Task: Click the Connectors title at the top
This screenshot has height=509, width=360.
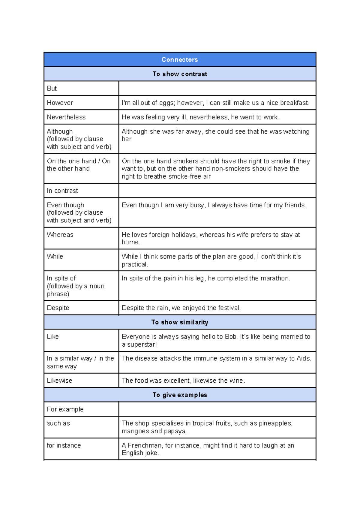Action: [x=180, y=59]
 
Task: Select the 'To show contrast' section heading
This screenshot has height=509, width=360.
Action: [x=180, y=74]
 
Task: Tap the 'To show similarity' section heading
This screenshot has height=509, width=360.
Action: [x=180, y=322]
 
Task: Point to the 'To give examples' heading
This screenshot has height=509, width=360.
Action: [x=180, y=395]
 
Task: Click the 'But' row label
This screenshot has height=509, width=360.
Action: [x=52, y=88]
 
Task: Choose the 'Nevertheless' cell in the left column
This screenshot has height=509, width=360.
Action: [x=66, y=117]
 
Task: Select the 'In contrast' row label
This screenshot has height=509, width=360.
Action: [x=62, y=191]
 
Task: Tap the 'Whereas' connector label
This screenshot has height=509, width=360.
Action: [x=60, y=235]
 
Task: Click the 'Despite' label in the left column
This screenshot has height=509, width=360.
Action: [x=58, y=308]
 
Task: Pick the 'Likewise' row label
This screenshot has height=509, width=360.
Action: [x=59, y=380]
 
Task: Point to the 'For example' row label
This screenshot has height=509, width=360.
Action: [x=65, y=409]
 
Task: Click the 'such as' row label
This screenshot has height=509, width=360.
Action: [x=58, y=423]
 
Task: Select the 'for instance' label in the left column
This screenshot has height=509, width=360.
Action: [x=64, y=445]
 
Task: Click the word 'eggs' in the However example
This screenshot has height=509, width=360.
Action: [x=166, y=103]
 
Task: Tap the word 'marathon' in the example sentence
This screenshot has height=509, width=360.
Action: [x=274, y=278]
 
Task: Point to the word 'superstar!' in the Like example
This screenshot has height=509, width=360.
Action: [x=142, y=344]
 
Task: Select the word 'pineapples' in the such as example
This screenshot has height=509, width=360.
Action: [x=275, y=423]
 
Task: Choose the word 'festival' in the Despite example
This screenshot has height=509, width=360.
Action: [x=229, y=308]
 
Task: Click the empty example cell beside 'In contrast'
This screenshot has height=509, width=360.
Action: [x=217, y=191]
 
